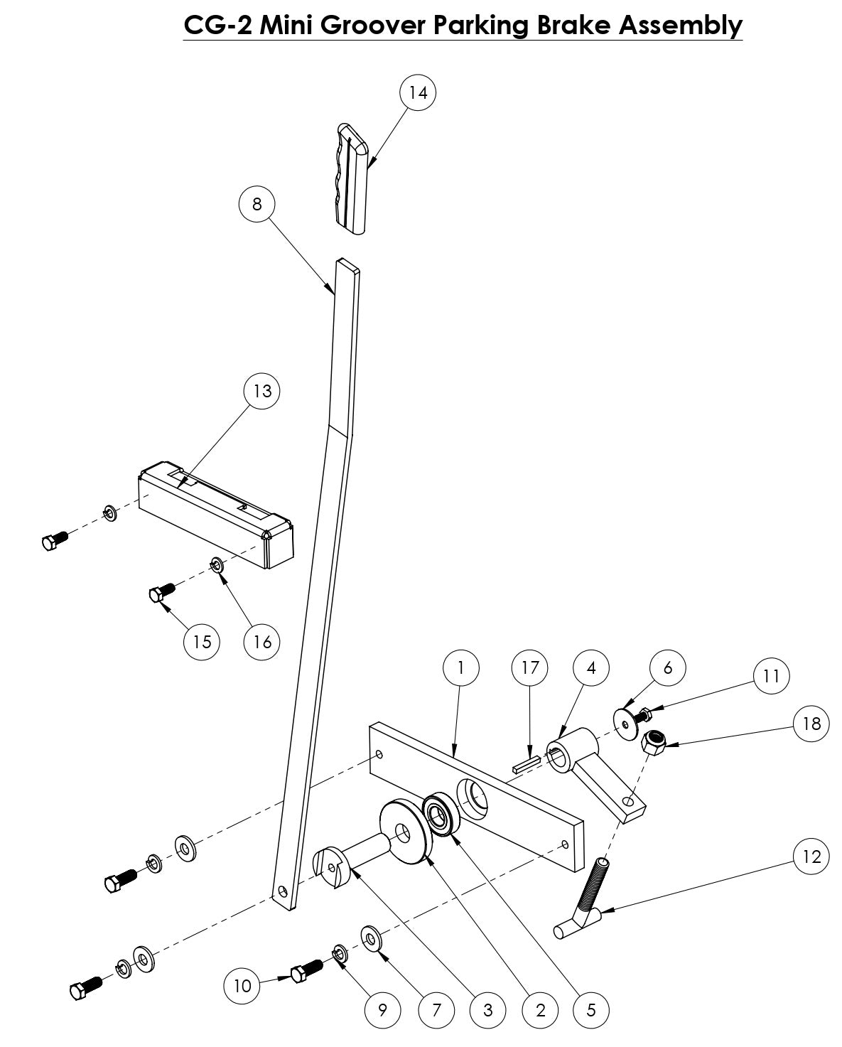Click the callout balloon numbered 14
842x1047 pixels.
pos(418,92)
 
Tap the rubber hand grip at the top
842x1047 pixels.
pos(352,178)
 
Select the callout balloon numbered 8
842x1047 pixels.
pos(257,204)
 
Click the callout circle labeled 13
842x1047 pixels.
pos(262,391)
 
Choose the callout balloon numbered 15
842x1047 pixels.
pos(202,642)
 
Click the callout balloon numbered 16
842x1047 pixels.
pos(262,642)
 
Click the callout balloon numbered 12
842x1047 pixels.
pos(811,857)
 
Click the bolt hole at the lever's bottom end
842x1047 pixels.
pos(284,891)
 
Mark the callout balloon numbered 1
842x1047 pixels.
pos(460,668)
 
